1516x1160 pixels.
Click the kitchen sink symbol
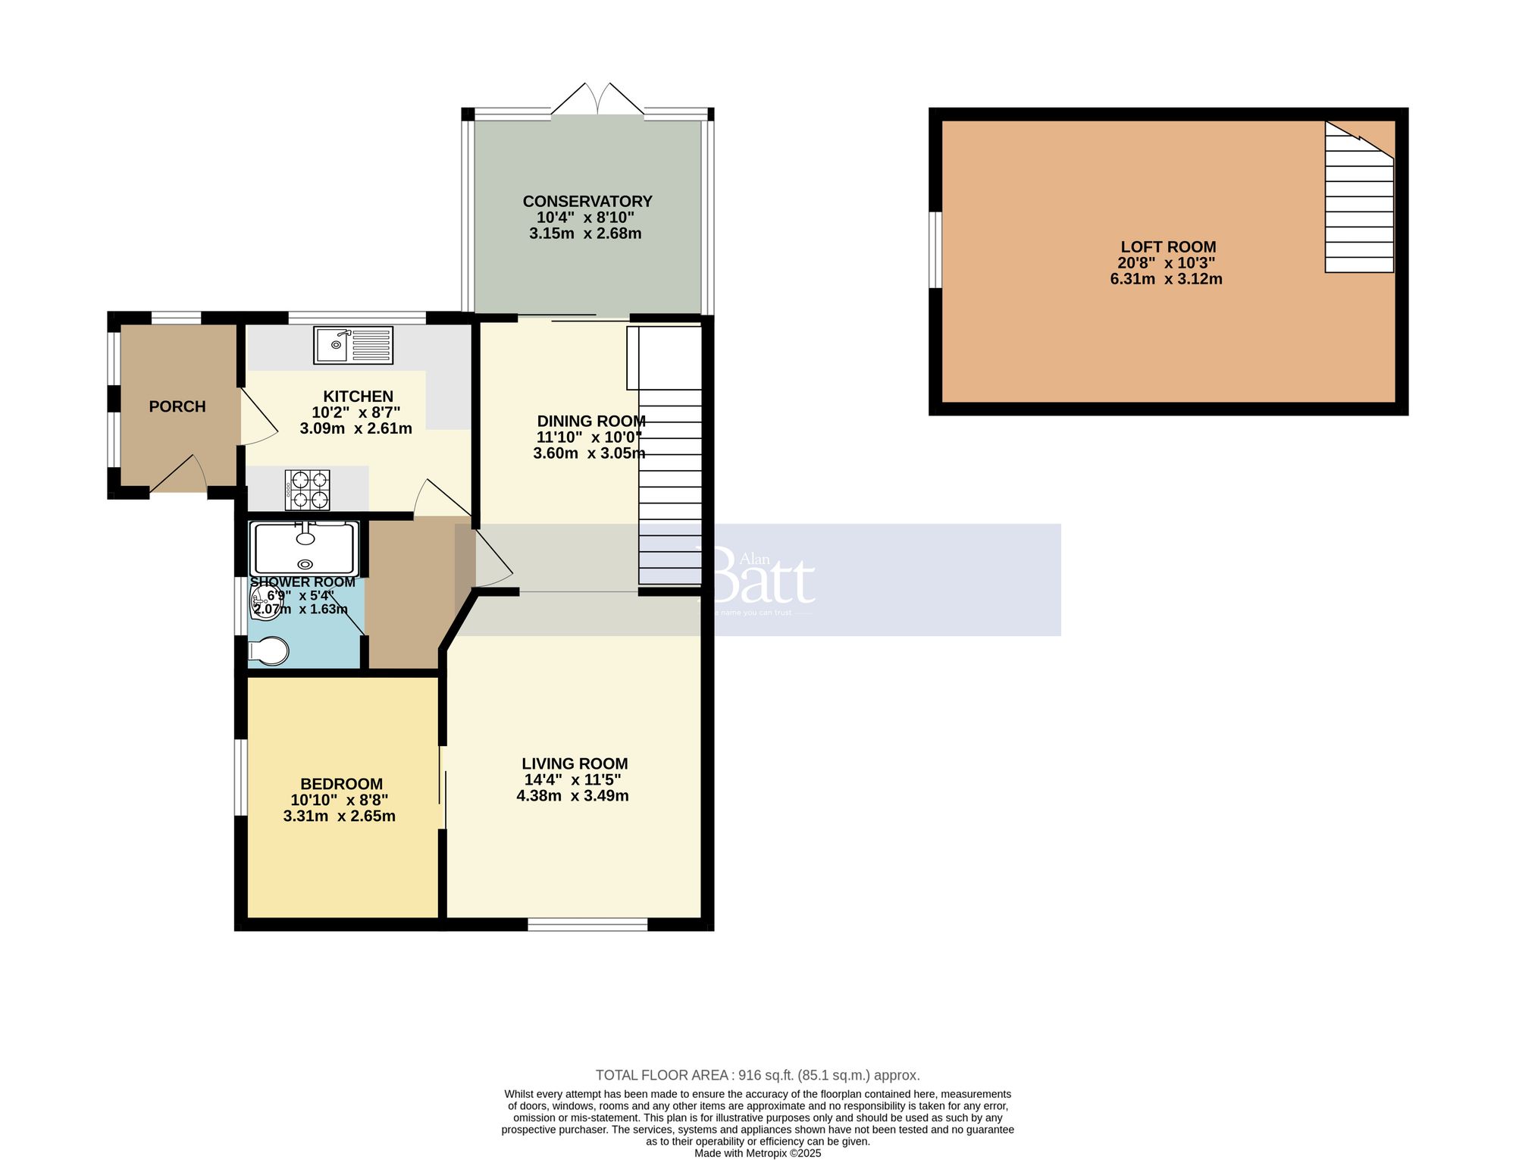pyautogui.click(x=353, y=345)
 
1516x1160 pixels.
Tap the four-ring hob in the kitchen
pyautogui.click(x=307, y=490)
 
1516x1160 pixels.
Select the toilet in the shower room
pyautogui.click(x=269, y=651)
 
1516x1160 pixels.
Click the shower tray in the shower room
pyautogui.click(x=305, y=548)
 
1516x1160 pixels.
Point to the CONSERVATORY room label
pyautogui.click(x=587, y=202)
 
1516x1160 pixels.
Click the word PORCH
pyautogui.click(x=177, y=407)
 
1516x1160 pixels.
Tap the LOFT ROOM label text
pyautogui.click(x=1168, y=247)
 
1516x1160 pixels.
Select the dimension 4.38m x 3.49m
pyautogui.click(x=572, y=796)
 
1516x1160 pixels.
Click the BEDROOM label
pyautogui.click(x=341, y=784)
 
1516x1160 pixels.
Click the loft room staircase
pyautogui.click(x=1359, y=205)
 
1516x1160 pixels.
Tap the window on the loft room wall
pyautogui.click(x=935, y=250)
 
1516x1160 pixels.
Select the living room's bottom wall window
pyautogui.click(x=587, y=924)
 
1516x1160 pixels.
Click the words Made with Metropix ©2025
pyautogui.click(x=757, y=1153)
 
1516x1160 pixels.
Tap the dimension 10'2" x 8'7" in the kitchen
pyautogui.click(x=356, y=412)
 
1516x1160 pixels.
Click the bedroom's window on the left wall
pyautogui.click(x=240, y=777)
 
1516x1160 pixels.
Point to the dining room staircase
pyautogui.click(x=670, y=485)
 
